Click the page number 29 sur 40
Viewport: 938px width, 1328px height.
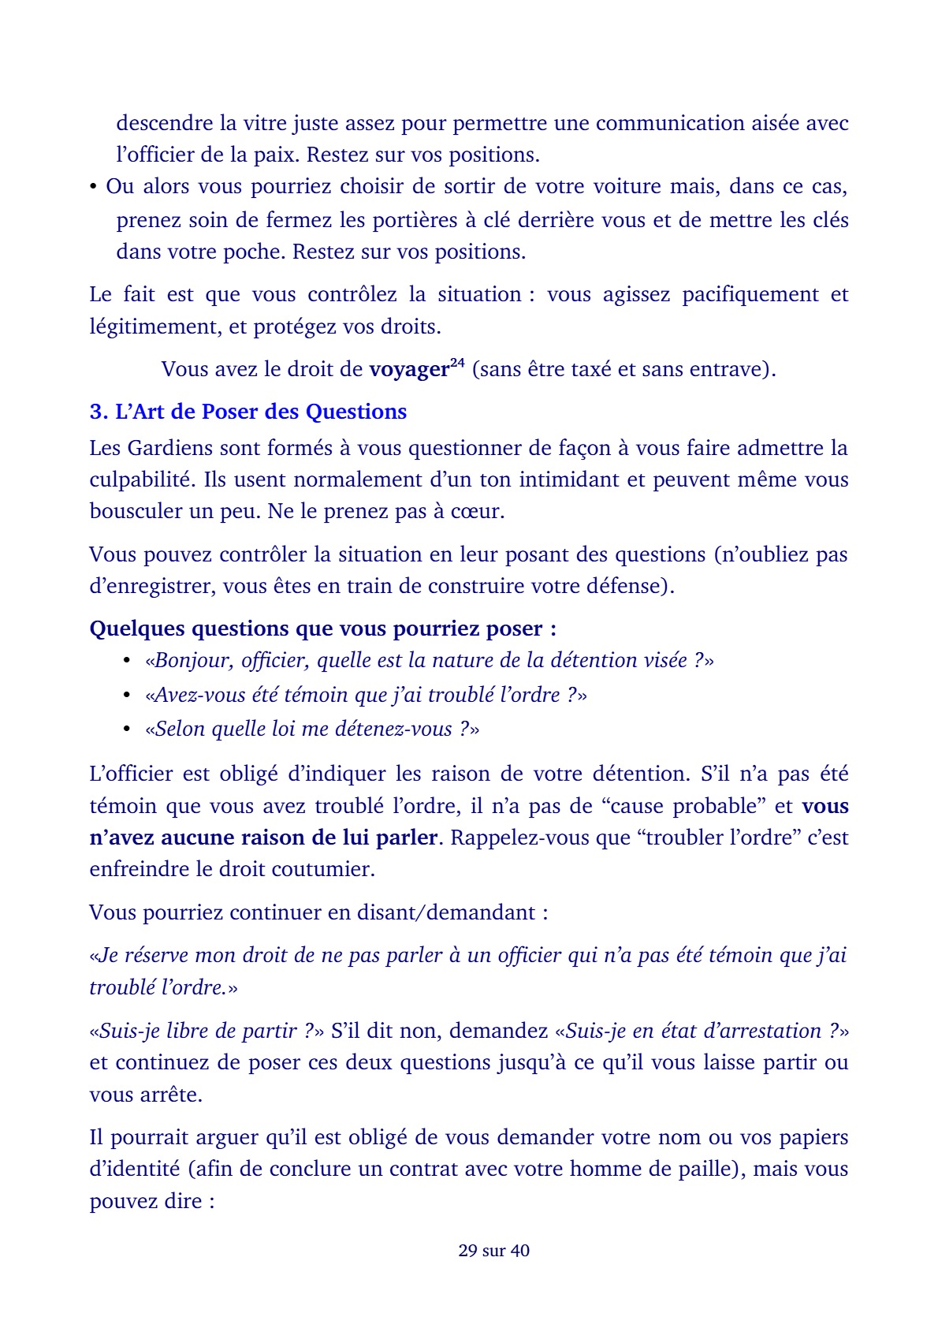point(493,1250)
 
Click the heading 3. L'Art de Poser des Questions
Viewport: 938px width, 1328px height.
point(248,412)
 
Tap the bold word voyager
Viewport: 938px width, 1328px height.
point(408,370)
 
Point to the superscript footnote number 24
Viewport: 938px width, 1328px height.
point(457,363)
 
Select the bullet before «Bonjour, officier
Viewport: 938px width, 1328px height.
point(127,661)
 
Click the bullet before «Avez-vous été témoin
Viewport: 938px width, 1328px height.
point(127,696)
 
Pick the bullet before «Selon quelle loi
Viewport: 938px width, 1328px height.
point(127,729)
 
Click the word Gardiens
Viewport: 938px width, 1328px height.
point(170,448)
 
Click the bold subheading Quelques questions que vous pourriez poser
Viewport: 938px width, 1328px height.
point(322,629)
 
